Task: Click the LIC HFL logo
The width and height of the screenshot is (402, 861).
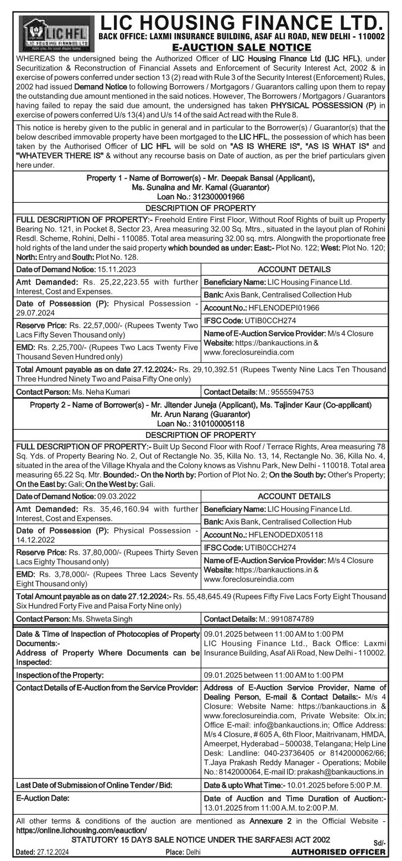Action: (x=54, y=31)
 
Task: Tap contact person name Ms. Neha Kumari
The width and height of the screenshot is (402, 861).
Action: (x=101, y=392)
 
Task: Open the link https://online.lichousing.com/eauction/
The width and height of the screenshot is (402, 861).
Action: (x=82, y=830)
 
